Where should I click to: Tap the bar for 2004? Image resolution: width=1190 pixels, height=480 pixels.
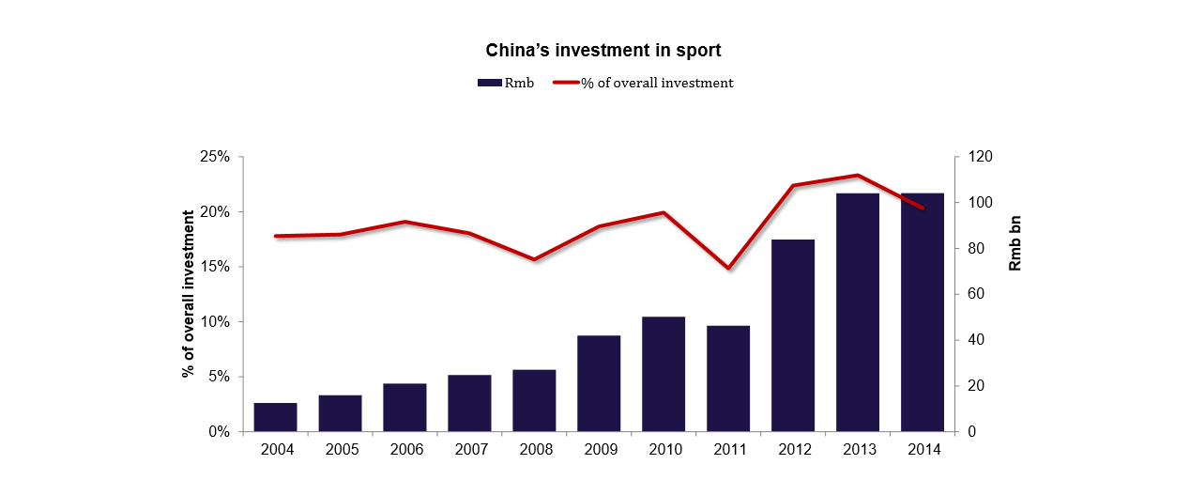point(275,417)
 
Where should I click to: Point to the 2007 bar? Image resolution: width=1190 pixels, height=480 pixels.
point(469,403)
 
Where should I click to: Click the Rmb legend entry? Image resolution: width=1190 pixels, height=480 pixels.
point(506,83)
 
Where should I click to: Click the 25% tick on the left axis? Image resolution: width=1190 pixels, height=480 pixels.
point(215,157)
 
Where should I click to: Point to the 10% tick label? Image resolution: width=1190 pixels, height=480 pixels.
point(215,322)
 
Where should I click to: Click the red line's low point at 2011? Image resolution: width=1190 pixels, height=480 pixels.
point(728,268)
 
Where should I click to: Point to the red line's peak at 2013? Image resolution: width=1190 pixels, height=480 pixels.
point(858,176)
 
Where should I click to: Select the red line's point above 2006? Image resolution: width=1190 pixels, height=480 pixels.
point(404,222)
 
